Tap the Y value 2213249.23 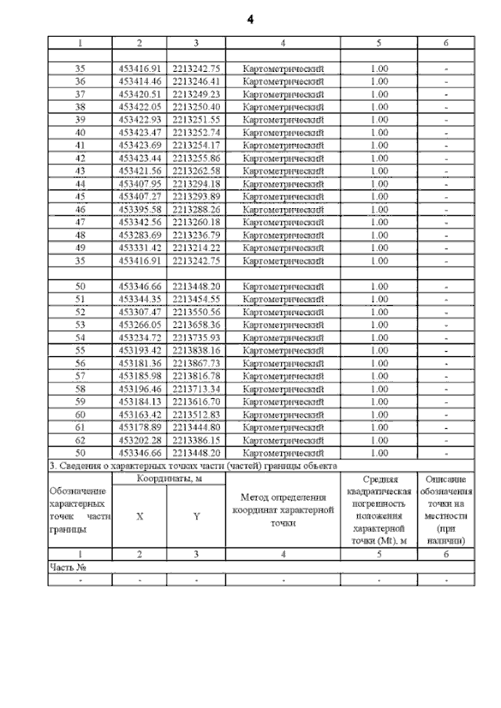tap(196, 94)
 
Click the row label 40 tap(80, 132)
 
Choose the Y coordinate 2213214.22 tap(196, 248)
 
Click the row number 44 tap(80, 184)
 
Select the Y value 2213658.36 tap(196, 325)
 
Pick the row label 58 tap(80, 389)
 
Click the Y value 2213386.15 tap(196, 440)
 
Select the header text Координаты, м tap(169, 479)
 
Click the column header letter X tap(139, 516)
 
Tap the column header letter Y tap(196, 516)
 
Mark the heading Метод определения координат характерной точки tap(283, 510)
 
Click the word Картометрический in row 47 tap(283, 222)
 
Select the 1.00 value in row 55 tap(378, 350)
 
